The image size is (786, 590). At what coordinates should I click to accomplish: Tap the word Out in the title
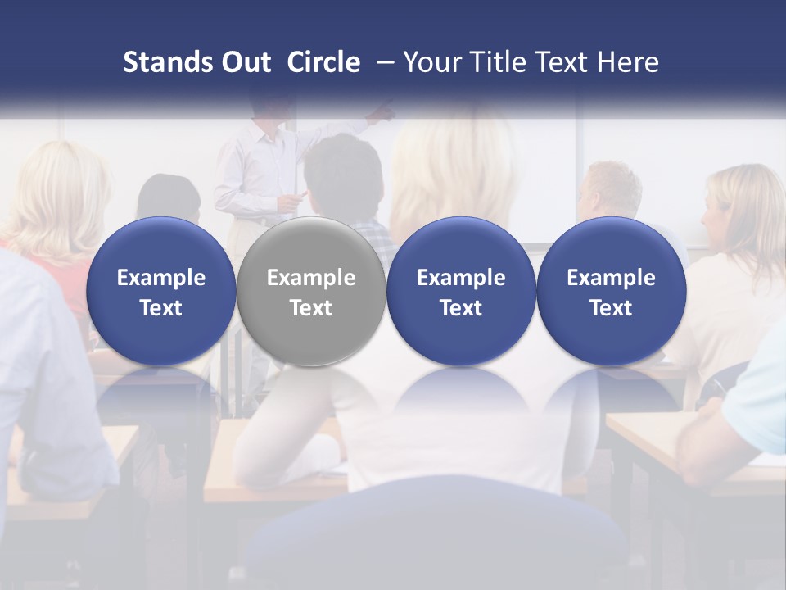243,62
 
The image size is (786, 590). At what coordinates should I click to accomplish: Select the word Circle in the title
323,62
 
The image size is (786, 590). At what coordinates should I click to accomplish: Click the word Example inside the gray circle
310,278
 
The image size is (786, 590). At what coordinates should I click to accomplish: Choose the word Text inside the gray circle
310,308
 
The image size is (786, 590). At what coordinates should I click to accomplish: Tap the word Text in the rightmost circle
611,308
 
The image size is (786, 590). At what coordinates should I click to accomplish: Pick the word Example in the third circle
461,278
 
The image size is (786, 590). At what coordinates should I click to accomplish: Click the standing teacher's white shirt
254,168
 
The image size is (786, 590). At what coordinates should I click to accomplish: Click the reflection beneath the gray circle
310,393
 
